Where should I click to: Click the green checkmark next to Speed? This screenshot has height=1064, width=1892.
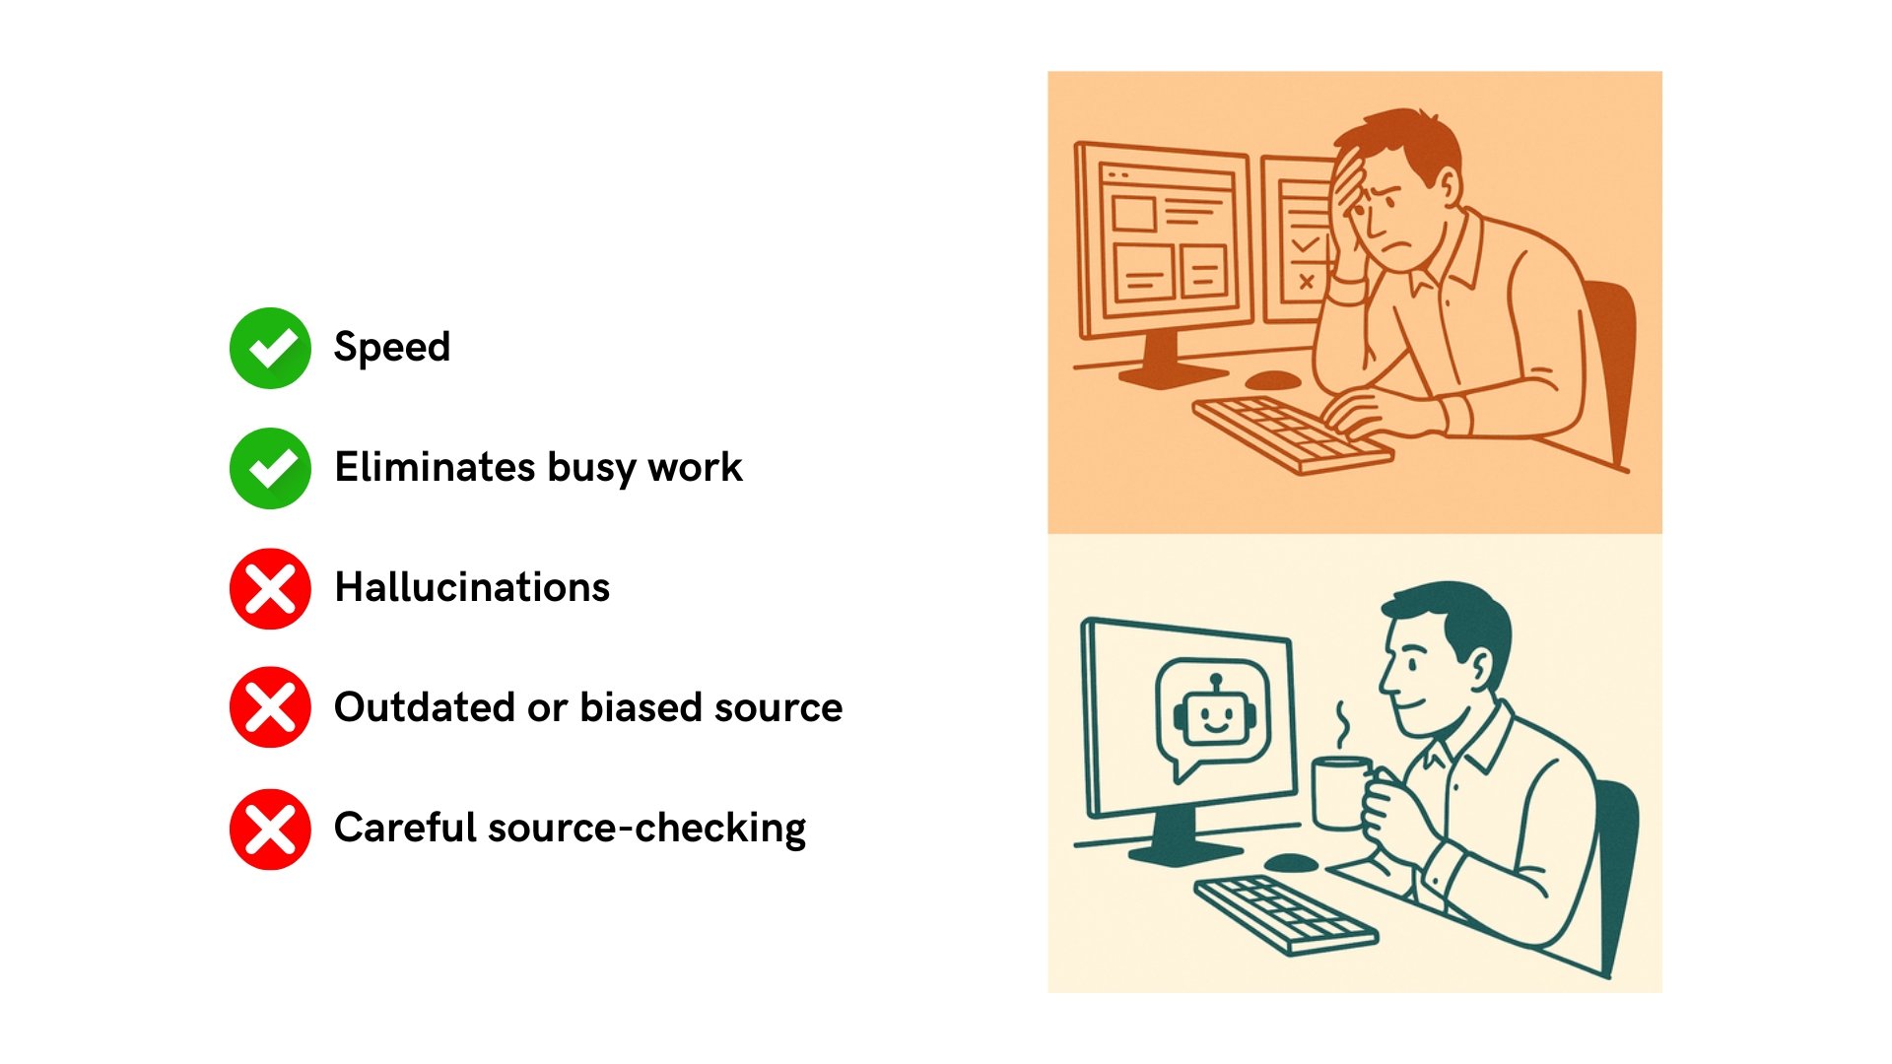coord(270,348)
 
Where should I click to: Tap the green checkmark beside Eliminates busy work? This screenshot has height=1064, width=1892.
coord(270,468)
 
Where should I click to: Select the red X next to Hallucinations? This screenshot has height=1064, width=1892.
coord(270,588)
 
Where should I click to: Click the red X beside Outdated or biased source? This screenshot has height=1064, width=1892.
coord(270,707)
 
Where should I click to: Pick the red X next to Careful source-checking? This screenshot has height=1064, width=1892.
coord(270,829)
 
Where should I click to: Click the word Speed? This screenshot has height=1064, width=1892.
coord(392,348)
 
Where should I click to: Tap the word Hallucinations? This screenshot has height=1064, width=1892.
coord(472,588)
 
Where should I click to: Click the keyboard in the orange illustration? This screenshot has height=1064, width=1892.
coord(1291,432)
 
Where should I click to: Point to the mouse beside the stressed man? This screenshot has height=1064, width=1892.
coord(1272,379)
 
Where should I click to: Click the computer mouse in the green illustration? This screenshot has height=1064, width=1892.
coord(1290,863)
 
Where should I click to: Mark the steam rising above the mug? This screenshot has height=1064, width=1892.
coord(1342,724)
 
